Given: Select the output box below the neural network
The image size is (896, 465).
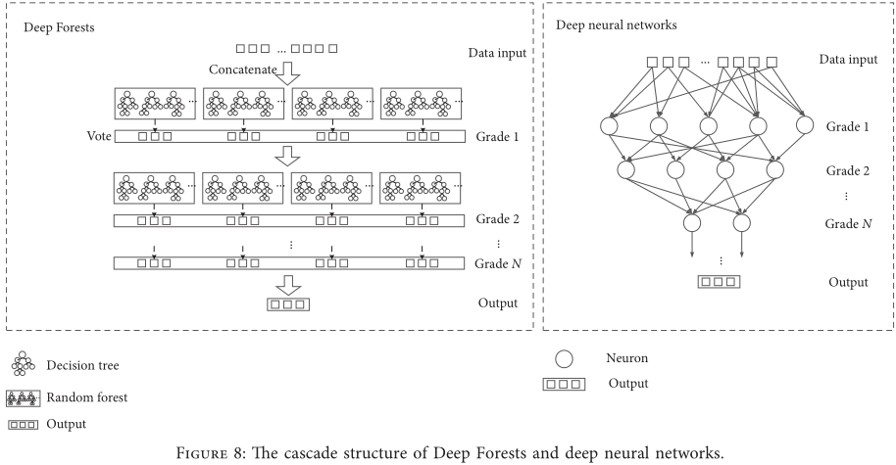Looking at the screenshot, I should click(x=719, y=283).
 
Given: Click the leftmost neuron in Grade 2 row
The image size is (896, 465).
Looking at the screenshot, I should click(x=627, y=169).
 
